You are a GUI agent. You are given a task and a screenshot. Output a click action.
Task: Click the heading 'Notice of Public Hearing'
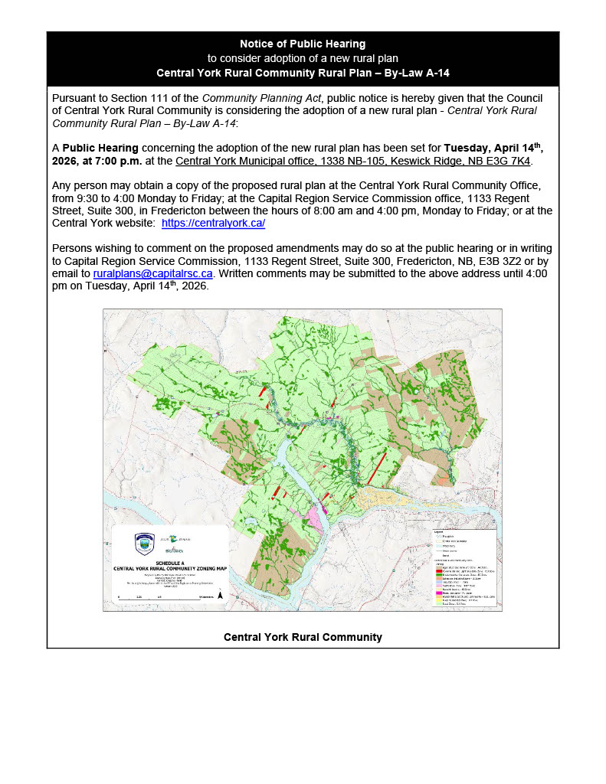click(303, 44)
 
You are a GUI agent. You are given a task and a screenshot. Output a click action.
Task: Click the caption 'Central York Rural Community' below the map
click(303, 637)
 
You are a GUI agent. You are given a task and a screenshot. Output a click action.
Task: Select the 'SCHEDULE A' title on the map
click(170, 562)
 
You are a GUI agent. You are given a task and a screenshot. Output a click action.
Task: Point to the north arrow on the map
click(221, 593)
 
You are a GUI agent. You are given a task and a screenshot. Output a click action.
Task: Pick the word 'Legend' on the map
click(440, 531)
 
